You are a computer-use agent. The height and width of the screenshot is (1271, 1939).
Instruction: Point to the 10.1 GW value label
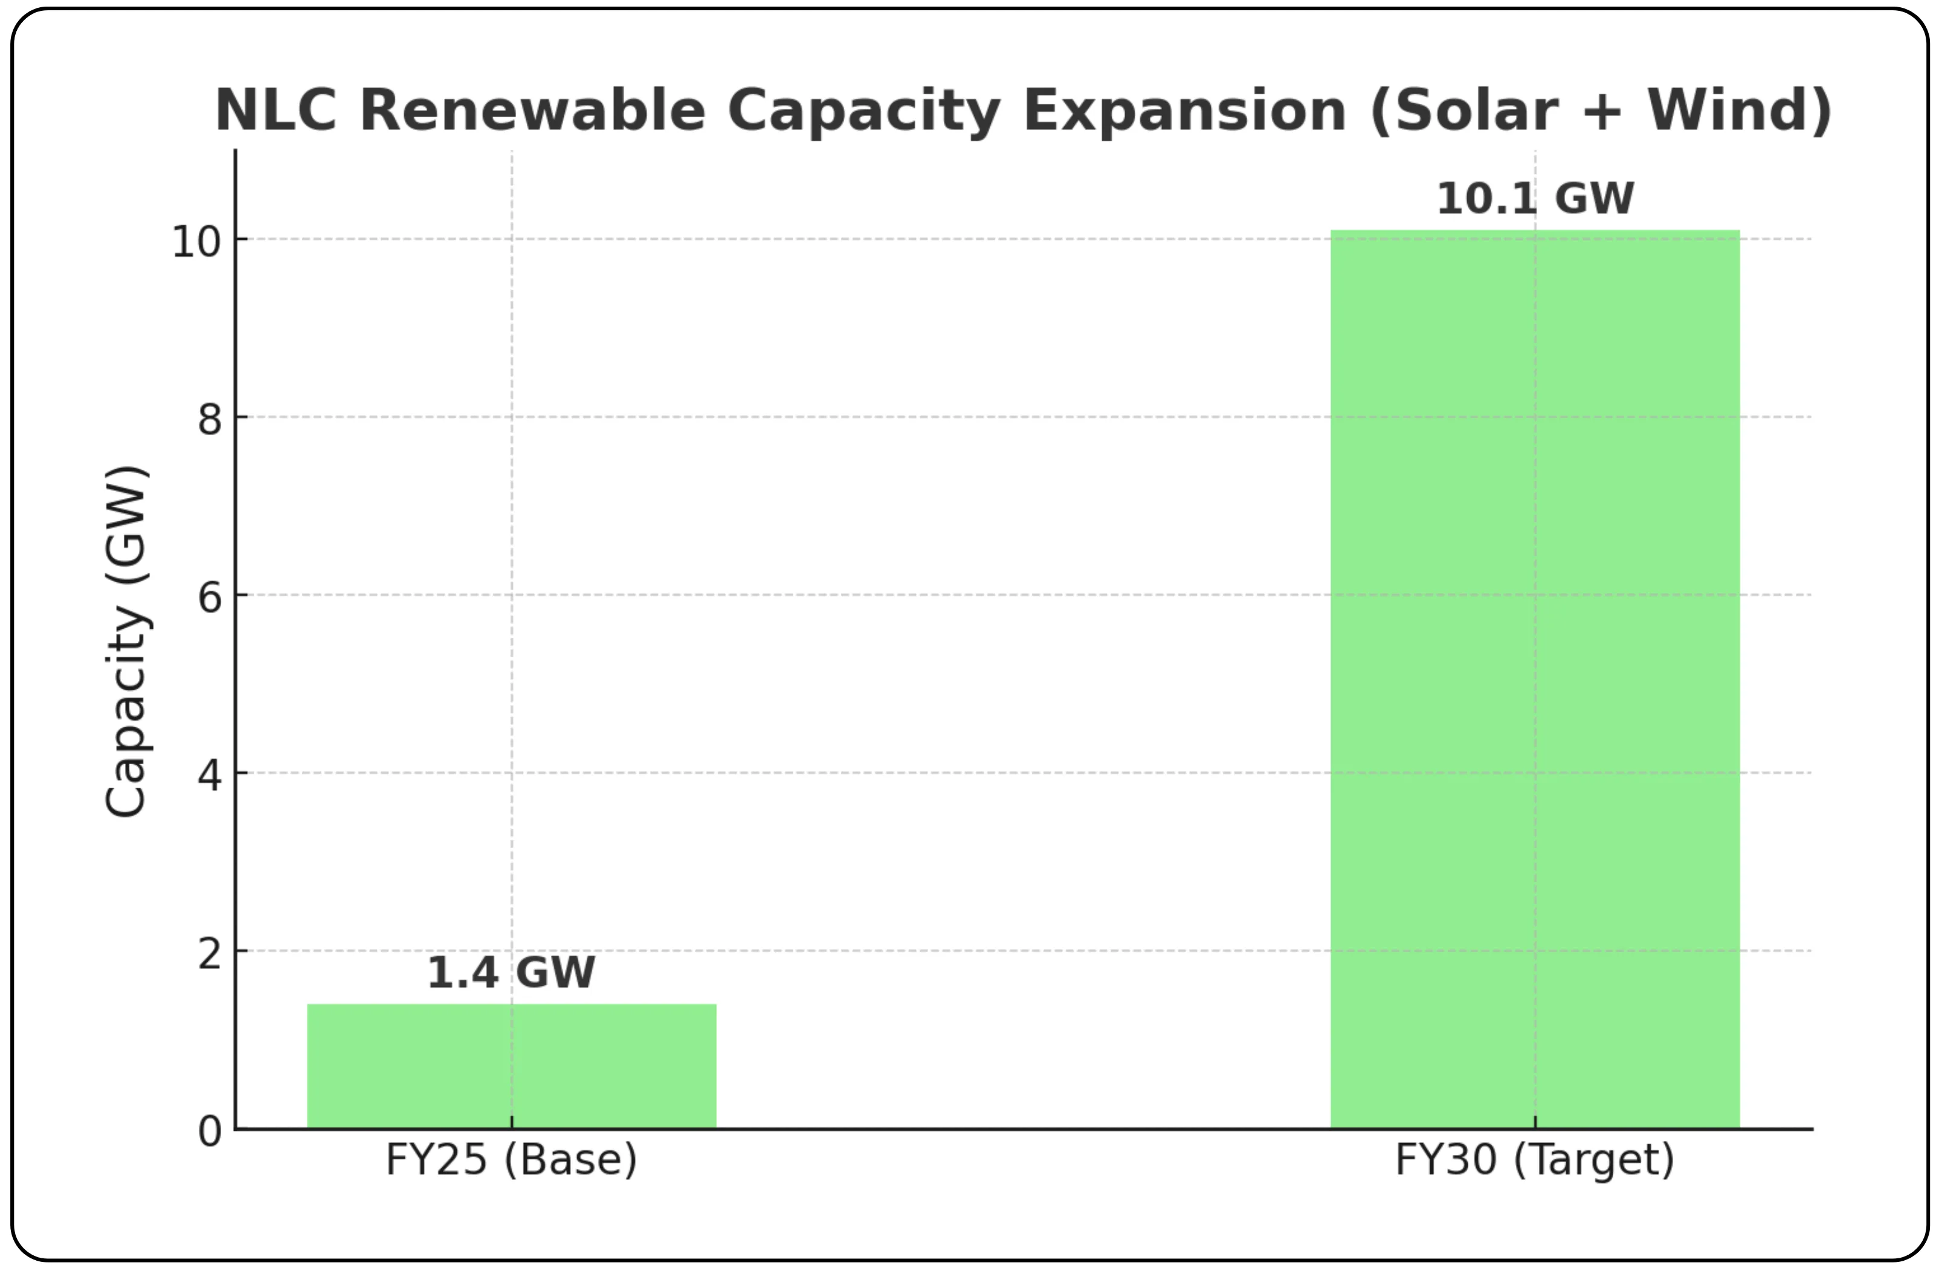click(1535, 199)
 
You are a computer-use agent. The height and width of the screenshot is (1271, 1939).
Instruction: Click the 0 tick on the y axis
click(210, 1131)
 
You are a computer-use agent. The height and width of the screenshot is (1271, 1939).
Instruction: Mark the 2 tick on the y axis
click(210, 953)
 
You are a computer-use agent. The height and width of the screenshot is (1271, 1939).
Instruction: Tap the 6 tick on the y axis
click(210, 597)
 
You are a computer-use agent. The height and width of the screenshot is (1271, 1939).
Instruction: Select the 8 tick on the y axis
click(210, 420)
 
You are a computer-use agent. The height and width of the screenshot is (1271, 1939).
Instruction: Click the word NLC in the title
click(276, 110)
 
